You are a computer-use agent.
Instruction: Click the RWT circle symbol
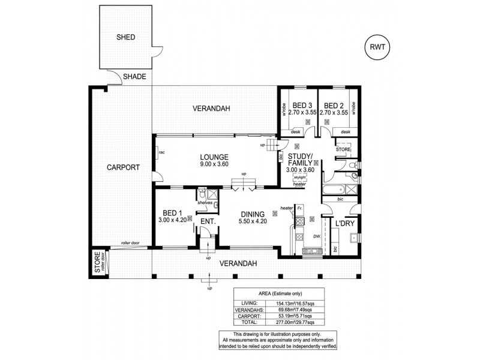(376, 46)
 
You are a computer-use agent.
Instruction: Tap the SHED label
(126, 37)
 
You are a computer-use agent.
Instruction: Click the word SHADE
(134, 77)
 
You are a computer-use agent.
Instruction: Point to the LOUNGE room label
(214, 158)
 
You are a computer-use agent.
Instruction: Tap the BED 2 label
(334, 104)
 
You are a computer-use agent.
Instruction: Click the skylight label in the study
(299, 178)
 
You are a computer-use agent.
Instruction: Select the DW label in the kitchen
(316, 236)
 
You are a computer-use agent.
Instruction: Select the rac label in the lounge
(161, 152)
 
